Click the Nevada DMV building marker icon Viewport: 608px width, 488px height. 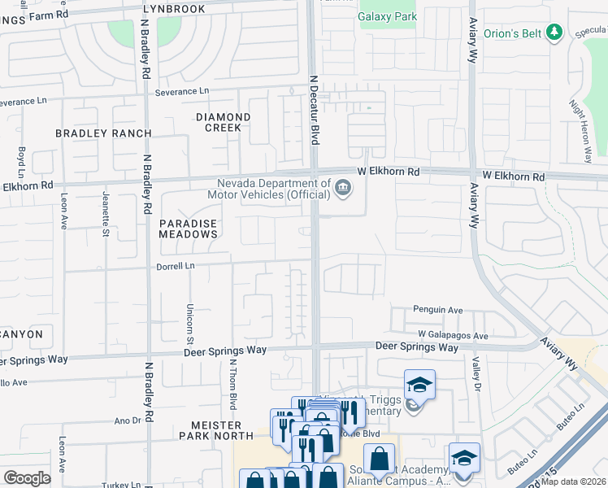pos(343,189)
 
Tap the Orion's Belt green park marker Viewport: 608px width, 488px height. pos(555,33)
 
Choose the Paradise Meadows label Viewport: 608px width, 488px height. pos(189,228)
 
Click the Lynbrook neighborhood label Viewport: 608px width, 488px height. pos(174,8)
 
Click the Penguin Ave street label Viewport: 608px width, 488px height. pos(437,310)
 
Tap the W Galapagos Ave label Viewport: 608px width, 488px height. pos(453,335)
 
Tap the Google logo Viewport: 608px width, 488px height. pos(27,477)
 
